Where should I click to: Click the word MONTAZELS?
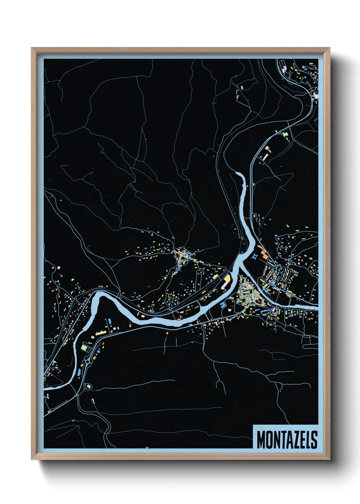coord(287,440)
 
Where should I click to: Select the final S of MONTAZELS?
coord(314,440)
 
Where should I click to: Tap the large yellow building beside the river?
coord(227,280)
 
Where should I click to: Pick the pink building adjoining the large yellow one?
coord(223,286)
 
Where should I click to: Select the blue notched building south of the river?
coord(223,304)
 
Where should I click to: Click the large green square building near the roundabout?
coord(84,347)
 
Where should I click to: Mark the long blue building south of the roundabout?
coord(80,372)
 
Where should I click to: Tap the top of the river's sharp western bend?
coord(99,293)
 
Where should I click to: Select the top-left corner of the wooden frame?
coord(32,48)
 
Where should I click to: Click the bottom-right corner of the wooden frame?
coord(329,459)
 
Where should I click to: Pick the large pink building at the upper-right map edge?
coord(316,97)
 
